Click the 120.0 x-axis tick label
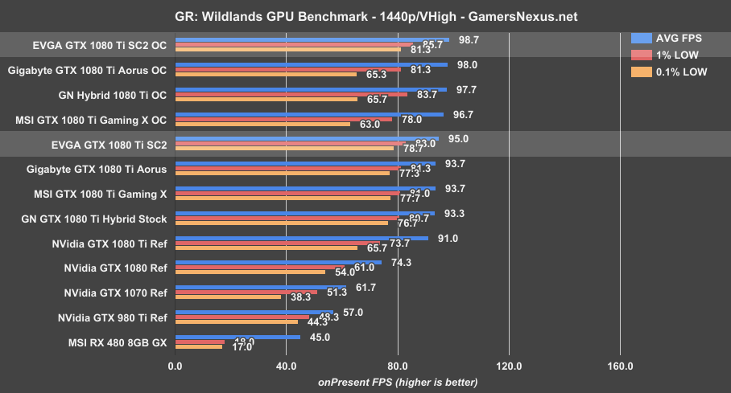click(x=509, y=366)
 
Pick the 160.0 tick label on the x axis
click(x=620, y=366)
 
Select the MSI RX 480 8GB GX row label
click(x=118, y=342)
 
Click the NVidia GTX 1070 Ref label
click(x=115, y=293)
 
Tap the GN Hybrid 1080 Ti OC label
click(x=113, y=95)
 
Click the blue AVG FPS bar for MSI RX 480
click(x=237, y=337)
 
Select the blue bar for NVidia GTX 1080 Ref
click(x=278, y=262)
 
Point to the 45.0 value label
click(x=320, y=337)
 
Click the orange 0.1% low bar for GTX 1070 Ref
click(x=228, y=297)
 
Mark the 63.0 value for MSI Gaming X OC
click(x=370, y=125)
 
